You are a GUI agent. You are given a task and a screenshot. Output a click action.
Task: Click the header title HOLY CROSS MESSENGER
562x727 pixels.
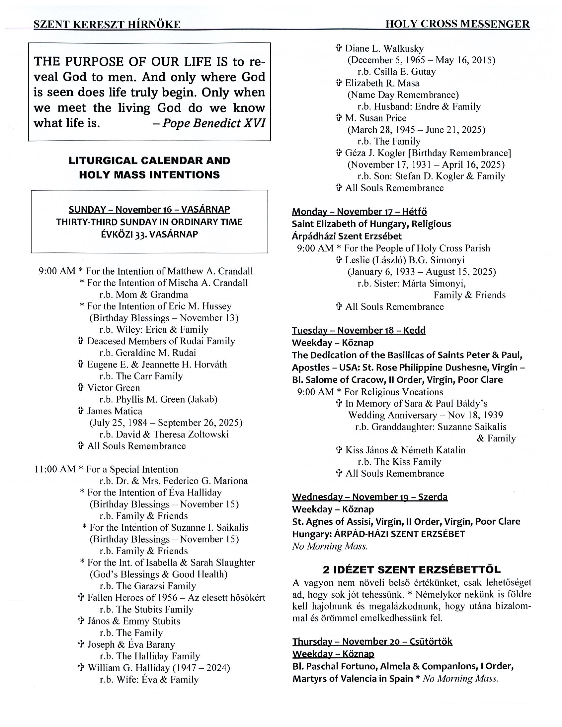457,24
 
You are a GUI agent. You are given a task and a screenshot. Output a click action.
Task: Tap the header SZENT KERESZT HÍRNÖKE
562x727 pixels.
107,24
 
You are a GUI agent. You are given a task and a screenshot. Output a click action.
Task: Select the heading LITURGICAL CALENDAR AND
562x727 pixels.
149,161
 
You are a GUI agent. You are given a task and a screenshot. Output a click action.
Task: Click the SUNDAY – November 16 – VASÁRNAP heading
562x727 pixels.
149,209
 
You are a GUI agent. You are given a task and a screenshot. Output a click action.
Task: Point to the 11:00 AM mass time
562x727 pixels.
55,469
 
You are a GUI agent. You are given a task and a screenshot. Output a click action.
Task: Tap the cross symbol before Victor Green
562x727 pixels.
80,387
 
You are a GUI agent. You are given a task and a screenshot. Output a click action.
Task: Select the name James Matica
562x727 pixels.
115,411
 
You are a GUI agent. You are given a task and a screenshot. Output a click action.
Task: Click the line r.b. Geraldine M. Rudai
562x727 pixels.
148,353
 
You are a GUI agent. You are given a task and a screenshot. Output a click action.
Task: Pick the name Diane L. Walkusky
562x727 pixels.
384,49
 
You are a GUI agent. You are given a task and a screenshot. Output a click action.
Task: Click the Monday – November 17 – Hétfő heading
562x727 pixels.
359,212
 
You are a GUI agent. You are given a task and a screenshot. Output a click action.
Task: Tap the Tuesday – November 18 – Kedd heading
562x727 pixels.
359,330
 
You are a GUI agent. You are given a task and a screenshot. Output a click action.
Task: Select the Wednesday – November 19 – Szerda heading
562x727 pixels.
369,497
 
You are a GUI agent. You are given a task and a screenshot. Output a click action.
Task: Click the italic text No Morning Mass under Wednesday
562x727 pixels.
330,546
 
